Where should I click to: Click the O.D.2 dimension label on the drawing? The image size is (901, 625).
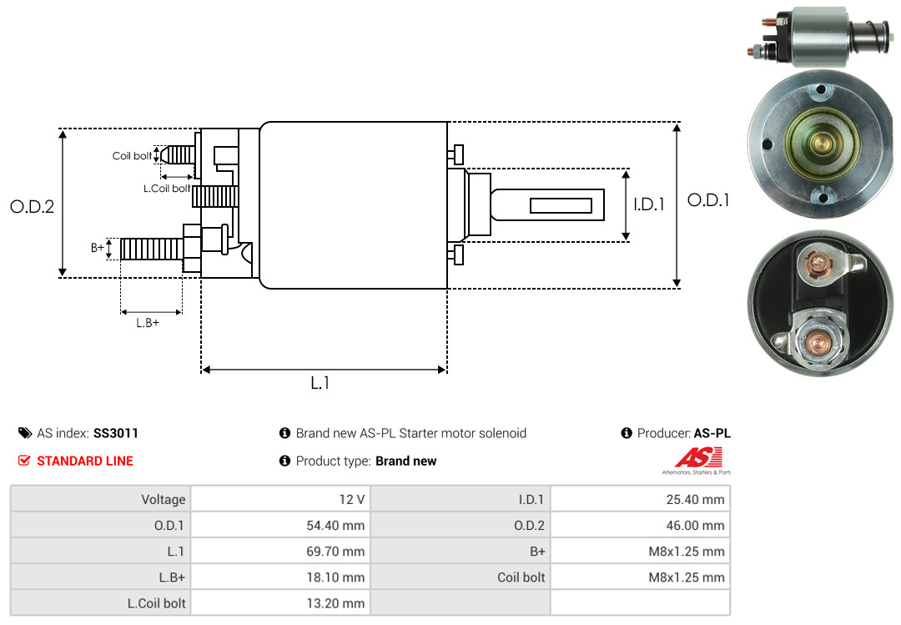[33, 206]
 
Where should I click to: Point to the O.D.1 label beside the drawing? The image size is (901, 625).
[708, 200]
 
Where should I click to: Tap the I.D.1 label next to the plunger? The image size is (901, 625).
[649, 204]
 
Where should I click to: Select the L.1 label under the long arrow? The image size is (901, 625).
[320, 383]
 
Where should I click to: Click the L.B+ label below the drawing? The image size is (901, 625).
[148, 323]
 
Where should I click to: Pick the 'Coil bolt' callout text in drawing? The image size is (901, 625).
[132, 156]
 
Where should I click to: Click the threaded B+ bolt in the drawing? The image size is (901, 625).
[152, 249]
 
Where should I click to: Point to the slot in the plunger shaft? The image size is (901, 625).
[561, 205]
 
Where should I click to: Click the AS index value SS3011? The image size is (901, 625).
[115, 433]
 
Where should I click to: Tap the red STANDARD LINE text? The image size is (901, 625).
[85, 461]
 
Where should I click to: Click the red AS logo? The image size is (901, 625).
[697, 457]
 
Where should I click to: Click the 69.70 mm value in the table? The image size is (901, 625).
[335, 552]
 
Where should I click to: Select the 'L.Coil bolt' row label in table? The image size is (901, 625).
[156, 603]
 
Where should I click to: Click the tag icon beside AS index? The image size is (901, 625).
[25, 433]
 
